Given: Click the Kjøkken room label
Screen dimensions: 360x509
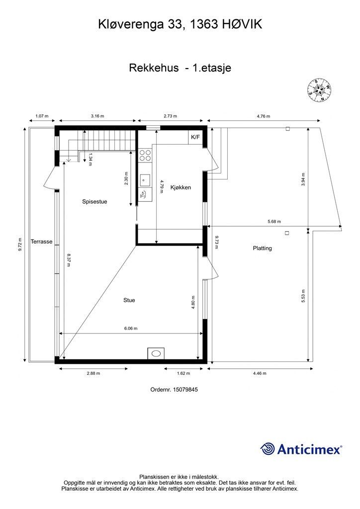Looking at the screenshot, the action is tap(181, 187).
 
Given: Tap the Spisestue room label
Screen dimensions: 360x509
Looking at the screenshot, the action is tap(94, 202).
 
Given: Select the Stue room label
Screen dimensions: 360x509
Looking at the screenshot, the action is tap(129, 300).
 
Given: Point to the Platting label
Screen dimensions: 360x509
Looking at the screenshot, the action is tap(262, 249).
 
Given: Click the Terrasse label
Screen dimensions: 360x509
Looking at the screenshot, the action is tap(42, 242).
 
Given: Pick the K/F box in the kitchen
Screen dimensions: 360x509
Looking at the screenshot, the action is tap(195, 137).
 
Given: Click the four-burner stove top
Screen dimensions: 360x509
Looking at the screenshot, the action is tap(145, 155).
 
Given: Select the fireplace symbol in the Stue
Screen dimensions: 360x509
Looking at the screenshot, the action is tap(156, 353).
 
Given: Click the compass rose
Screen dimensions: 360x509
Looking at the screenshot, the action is tap(319, 90).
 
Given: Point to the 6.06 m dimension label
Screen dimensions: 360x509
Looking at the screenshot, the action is tap(131, 328).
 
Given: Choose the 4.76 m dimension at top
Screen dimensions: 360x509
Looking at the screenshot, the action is tap(263, 116).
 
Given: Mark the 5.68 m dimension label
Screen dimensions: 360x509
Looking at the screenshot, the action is tap(274, 221).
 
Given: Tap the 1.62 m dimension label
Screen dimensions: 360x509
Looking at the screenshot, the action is tap(183, 373).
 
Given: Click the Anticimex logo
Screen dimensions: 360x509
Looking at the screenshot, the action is tap(301, 449).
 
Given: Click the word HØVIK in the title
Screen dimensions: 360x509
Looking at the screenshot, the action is tap(242, 24).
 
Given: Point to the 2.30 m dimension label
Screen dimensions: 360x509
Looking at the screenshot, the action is tap(126, 178).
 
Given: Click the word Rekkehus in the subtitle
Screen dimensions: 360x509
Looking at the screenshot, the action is tap(154, 68).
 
